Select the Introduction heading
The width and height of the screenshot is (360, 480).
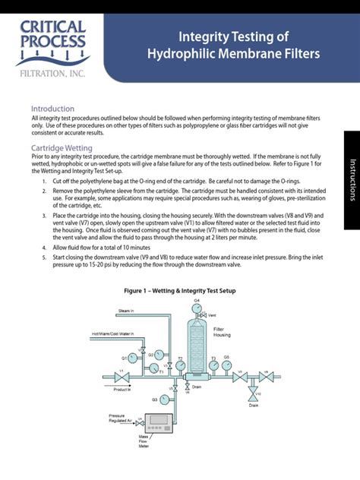(52, 109)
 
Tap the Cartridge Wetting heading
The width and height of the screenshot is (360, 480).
(62, 147)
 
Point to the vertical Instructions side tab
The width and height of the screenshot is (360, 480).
(352, 179)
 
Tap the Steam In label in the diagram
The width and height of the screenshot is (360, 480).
(125, 311)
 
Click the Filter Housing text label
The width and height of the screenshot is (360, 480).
(223, 332)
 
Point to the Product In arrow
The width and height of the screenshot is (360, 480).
(122, 389)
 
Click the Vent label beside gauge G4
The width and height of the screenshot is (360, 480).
(213, 314)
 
